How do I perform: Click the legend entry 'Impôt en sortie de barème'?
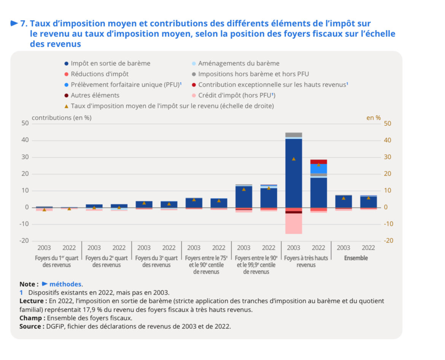(x=110, y=63)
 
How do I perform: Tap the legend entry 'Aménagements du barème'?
(x=238, y=63)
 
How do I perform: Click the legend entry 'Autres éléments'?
(x=95, y=95)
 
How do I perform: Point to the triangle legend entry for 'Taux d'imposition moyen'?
(x=172, y=106)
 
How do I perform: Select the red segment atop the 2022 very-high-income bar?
(x=318, y=162)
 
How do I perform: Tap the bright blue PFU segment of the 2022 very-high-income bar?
(x=318, y=168)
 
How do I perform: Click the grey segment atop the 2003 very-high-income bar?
(x=294, y=135)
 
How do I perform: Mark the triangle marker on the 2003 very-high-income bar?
(x=294, y=159)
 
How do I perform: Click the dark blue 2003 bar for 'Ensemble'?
(x=343, y=201)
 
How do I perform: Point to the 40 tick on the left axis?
(x=25, y=140)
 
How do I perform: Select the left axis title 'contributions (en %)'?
(x=62, y=117)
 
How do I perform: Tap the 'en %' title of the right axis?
(x=373, y=117)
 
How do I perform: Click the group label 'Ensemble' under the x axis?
(x=356, y=258)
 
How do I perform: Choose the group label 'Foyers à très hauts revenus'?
(x=306, y=261)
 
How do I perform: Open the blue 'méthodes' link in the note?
(x=65, y=284)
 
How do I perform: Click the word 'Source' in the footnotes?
(x=30, y=327)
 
